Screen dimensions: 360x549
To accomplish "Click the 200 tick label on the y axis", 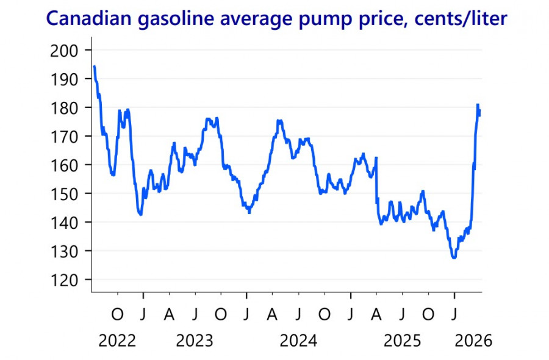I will (x=64, y=50).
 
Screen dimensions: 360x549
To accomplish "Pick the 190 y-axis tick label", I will (x=64, y=79).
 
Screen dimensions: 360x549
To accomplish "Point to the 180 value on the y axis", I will (x=64, y=107).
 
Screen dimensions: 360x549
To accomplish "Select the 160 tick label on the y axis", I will (x=64, y=165).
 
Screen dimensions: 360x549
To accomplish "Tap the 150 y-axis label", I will (x=64, y=193).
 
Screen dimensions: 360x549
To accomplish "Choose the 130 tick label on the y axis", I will (x=64, y=251).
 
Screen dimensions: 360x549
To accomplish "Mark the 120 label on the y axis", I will (x=64, y=279).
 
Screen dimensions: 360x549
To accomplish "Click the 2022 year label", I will (x=117, y=340).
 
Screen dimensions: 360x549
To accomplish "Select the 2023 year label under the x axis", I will (x=195, y=340).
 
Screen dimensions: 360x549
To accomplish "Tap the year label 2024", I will (x=298, y=340).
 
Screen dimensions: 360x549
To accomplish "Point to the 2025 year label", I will (x=402, y=340).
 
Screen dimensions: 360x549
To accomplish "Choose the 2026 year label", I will (x=473, y=340).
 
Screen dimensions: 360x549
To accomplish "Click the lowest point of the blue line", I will (x=454, y=258).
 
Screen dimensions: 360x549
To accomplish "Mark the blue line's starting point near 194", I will (x=94, y=66).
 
